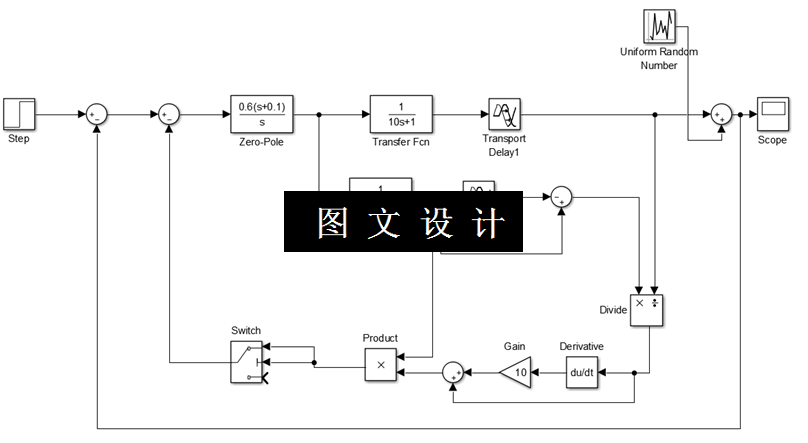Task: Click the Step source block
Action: (x=19, y=112)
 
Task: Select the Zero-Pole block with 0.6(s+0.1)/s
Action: (x=261, y=114)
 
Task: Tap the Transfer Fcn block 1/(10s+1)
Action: (x=401, y=114)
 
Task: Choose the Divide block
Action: (x=647, y=310)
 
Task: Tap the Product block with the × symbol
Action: (x=380, y=365)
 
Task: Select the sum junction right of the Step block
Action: (x=97, y=115)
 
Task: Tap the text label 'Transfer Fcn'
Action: (x=400, y=142)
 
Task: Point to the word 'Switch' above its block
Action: (x=246, y=329)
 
